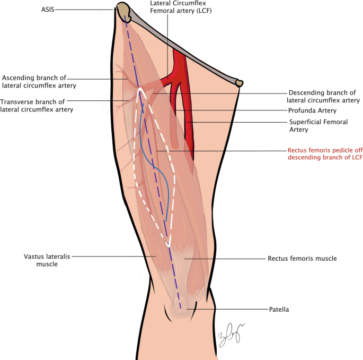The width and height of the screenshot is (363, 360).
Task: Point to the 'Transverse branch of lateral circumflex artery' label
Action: tap(37, 105)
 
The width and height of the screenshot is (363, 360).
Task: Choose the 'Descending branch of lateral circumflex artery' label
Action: tap(323, 96)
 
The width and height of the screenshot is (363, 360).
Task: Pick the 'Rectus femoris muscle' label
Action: tap(302, 259)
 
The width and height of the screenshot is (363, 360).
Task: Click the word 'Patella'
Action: tap(279, 308)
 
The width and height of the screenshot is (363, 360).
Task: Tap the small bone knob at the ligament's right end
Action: tap(240, 83)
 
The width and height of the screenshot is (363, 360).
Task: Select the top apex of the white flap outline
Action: tap(140, 89)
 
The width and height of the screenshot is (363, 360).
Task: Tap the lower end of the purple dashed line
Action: tap(181, 308)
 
